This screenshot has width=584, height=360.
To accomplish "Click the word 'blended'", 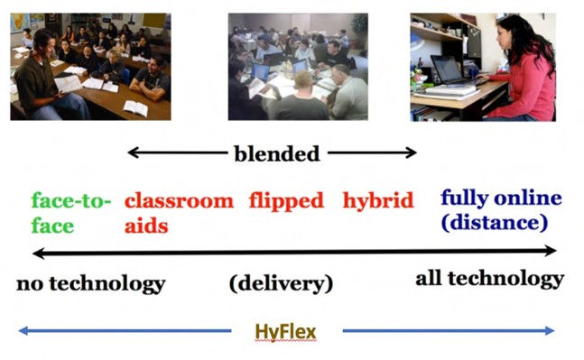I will pyautogui.click(x=276, y=154).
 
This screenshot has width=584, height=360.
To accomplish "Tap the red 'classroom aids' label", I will pyautogui.click(x=178, y=212).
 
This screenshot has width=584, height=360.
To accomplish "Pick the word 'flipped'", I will pyautogui.click(x=286, y=200).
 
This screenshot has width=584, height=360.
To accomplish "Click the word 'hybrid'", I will pyautogui.click(x=377, y=199).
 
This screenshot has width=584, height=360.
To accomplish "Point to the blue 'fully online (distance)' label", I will pyautogui.click(x=500, y=209).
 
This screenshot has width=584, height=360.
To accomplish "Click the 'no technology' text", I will pyautogui.click(x=90, y=284).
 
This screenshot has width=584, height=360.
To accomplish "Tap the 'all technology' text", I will pyautogui.click(x=489, y=279).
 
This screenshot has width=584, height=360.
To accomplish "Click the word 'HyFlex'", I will pyautogui.click(x=285, y=332).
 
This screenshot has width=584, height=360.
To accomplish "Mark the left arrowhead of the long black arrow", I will pyautogui.click(x=37, y=252).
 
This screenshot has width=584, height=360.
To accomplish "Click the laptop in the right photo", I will pyautogui.click(x=449, y=70).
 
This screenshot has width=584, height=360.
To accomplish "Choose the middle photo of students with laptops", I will pyautogui.click(x=297, y=67).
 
